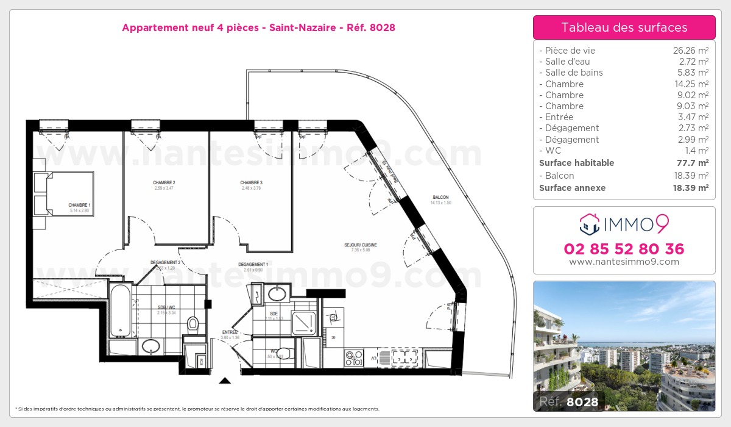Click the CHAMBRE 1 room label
click(79, 205)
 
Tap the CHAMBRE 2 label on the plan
click(164, 183)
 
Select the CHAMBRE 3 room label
click(251, 183)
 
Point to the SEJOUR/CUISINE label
click(361, 245)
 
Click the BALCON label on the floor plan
click(440, 197)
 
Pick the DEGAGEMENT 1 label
click(253, 264)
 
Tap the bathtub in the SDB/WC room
click(121, 310)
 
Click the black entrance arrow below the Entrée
click(225, 381)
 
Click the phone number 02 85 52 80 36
click(624, 249)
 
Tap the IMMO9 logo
click(624, 224)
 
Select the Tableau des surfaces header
click(624, 27)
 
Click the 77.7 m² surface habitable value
click(694, 163)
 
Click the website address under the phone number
click(624, 262)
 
